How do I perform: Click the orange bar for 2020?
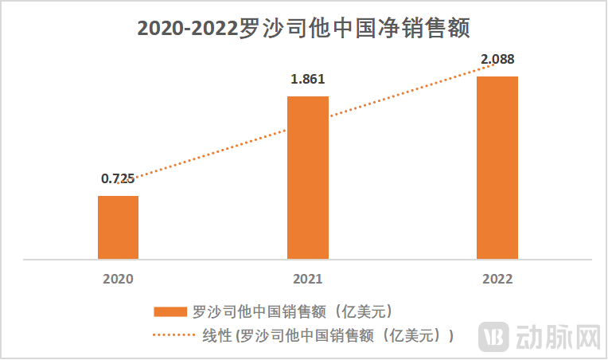[118, 227]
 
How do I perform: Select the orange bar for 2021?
[307, 178]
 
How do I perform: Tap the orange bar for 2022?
[497, 167]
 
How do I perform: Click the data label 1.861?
[308, 80]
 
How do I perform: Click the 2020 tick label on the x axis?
[118, 279]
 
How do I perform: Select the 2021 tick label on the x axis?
[307, 279]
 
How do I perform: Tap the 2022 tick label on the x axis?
[497, 279]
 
